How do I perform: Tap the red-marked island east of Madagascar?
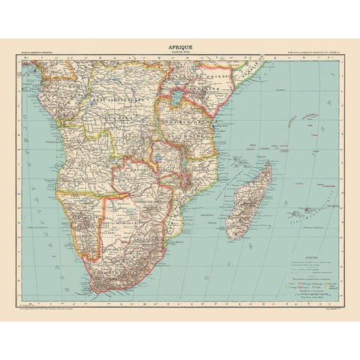tap(307, 209)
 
